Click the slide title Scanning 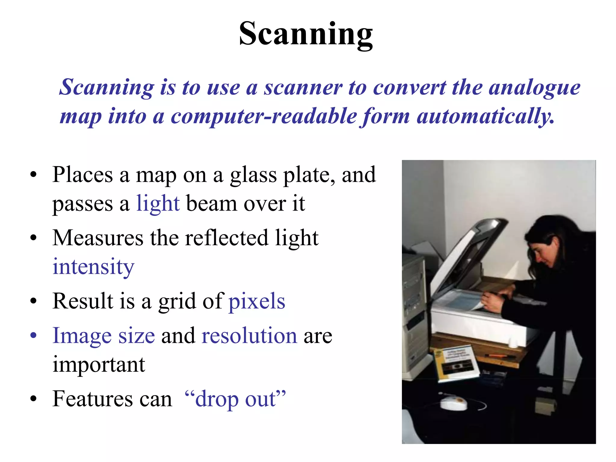(306, 34)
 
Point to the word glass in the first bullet (253, 175)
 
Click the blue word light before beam (158, 204)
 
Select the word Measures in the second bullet (98, 238)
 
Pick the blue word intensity (93, 267)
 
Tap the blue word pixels (257, 301)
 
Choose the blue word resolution (249, 336)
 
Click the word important (99, 365)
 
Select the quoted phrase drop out (235, 399)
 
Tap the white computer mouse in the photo (454, 403)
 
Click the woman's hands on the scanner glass (493, 301)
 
